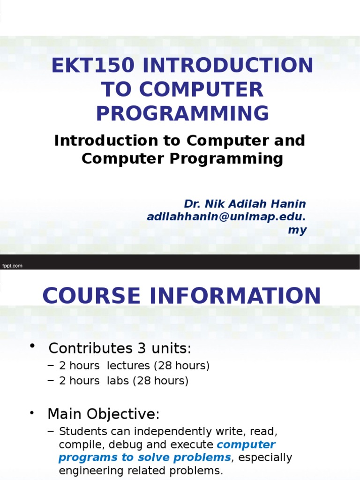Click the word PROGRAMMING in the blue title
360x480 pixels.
tap(183, 113)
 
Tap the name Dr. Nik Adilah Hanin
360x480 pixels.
tap(245, 204)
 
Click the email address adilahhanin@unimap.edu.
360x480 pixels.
tap(226, 217)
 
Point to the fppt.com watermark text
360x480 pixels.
tap(12, 266)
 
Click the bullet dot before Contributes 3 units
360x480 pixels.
tap(33, 346)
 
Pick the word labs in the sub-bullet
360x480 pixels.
tap(118, 381)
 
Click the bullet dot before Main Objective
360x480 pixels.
tap(32, 413)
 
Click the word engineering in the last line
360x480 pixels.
tap(87, 470)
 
